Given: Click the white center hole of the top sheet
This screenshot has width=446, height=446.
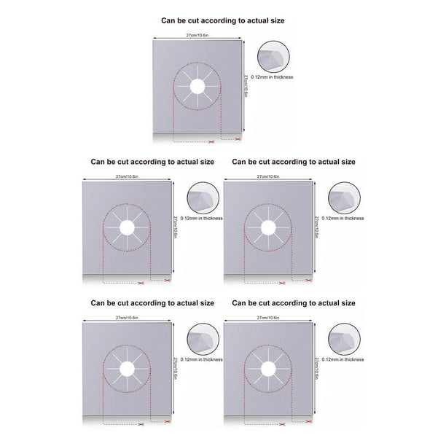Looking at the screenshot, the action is click(x=197, y=86).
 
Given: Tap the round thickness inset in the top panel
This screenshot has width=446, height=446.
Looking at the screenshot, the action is click(x=273, y=57).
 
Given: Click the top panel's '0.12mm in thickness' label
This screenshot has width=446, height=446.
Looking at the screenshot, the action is click(x=272, y=77).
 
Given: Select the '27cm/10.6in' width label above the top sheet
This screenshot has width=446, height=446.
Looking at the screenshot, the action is click(x=197, y=35).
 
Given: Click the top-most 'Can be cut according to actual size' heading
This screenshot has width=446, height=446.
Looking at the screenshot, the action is click(x=223, y=20).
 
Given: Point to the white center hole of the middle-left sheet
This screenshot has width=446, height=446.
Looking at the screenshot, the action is click(x=127, y=227).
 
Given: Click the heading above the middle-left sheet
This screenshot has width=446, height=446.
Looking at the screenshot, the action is click(x=152, y=162).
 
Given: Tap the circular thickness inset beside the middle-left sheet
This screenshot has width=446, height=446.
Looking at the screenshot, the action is click(x=203, y=198).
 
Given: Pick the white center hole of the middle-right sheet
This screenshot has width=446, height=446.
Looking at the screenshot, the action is click(x=268, y=227).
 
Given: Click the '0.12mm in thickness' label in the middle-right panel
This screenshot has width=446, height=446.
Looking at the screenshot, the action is click(x=343, y=219).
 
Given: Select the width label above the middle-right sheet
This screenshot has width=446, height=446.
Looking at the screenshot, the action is click(x=268, y=176).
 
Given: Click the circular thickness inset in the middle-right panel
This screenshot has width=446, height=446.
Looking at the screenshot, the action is click(x=344, y=198).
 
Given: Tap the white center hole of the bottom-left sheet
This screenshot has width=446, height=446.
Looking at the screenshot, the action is click(x=127, y=369).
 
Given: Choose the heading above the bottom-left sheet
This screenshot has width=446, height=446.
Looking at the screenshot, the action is click(x=152, y=303).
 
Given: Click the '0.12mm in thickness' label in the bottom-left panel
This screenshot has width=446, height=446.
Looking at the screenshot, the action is click(x=202, y=359).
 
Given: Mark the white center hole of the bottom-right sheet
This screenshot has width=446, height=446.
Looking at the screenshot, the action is click(x=268, y=369).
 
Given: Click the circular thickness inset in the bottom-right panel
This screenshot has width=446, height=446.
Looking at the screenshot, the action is click(x=344, y=340).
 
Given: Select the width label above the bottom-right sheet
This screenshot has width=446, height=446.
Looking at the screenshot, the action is click(x=268, y=318).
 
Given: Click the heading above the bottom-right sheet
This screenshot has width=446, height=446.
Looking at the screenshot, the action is click(x=294, y=303).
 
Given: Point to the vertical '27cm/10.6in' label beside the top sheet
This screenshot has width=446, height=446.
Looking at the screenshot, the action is click(x=246, y=86).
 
